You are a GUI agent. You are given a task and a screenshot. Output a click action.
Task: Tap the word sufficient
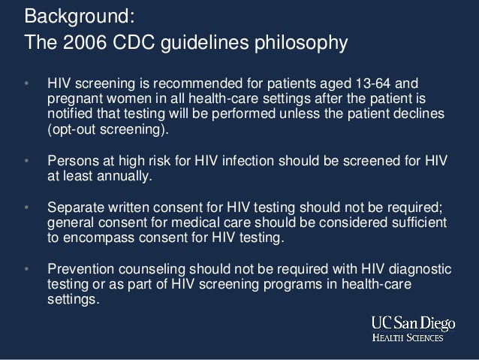click(x=418, y=222)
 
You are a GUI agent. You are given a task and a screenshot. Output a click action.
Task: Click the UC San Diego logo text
click(x=412, y=323)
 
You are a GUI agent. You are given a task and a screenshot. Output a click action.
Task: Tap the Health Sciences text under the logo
click(x=410, y=337)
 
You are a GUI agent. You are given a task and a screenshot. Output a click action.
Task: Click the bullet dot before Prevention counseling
click(x=27, y=269)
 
